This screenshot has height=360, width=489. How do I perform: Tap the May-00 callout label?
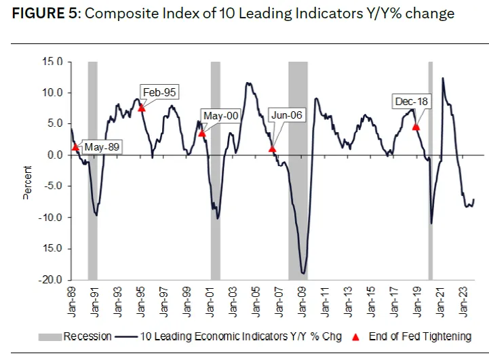coord(221,116)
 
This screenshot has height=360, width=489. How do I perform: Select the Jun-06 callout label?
coord(286,115)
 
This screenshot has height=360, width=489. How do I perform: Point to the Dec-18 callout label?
coord(412,102)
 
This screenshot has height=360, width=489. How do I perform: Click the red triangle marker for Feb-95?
coord(141,108)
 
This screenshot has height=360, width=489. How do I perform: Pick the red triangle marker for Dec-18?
coord(416,127)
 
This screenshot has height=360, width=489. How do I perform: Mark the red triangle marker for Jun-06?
coord(272,148)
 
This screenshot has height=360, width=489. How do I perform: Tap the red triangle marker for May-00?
coord(201,133)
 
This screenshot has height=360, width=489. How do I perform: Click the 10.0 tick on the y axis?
coord(53,93)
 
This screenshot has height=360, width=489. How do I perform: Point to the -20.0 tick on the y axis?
coord(52,279)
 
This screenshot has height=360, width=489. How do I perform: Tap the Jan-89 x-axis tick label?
coord(71,302)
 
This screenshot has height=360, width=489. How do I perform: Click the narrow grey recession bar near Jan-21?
coord(430,169)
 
